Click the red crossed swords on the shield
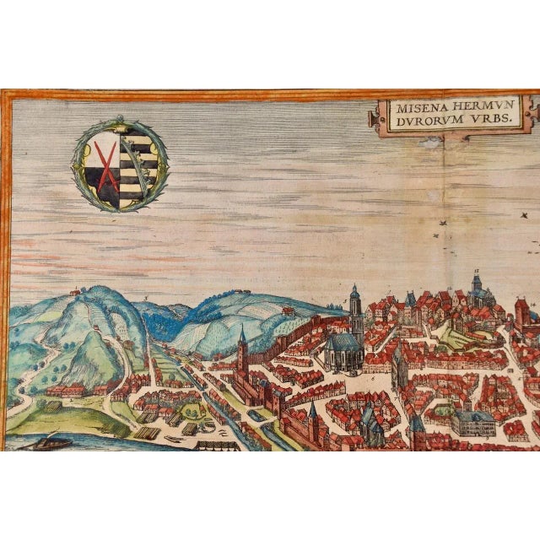(106, 165)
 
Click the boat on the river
(47, 440)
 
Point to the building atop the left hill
(75, 291)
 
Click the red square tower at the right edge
(522, 310)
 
